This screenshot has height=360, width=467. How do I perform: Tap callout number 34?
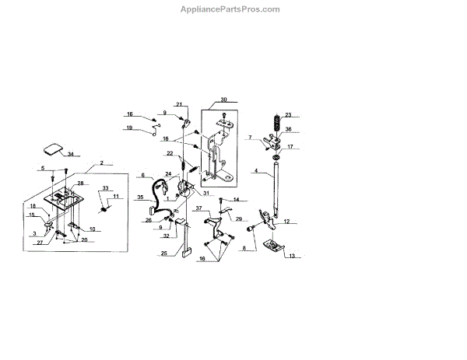pyautogui.click(x=71, y=155)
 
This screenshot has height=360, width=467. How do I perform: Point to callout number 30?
pyautogui.click(x=223, y=100)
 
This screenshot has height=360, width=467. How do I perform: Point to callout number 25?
pyautogui.click(x=163, y=253)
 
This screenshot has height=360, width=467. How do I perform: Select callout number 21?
pyautogui.click(x=178, y=103)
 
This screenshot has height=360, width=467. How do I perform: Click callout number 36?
pyautogui.click(x=287, y=129)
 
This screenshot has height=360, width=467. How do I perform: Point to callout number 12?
pyautogui.click(x=287, y=222)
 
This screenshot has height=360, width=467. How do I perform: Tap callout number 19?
pyautogui.click(x=130, y=128)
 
